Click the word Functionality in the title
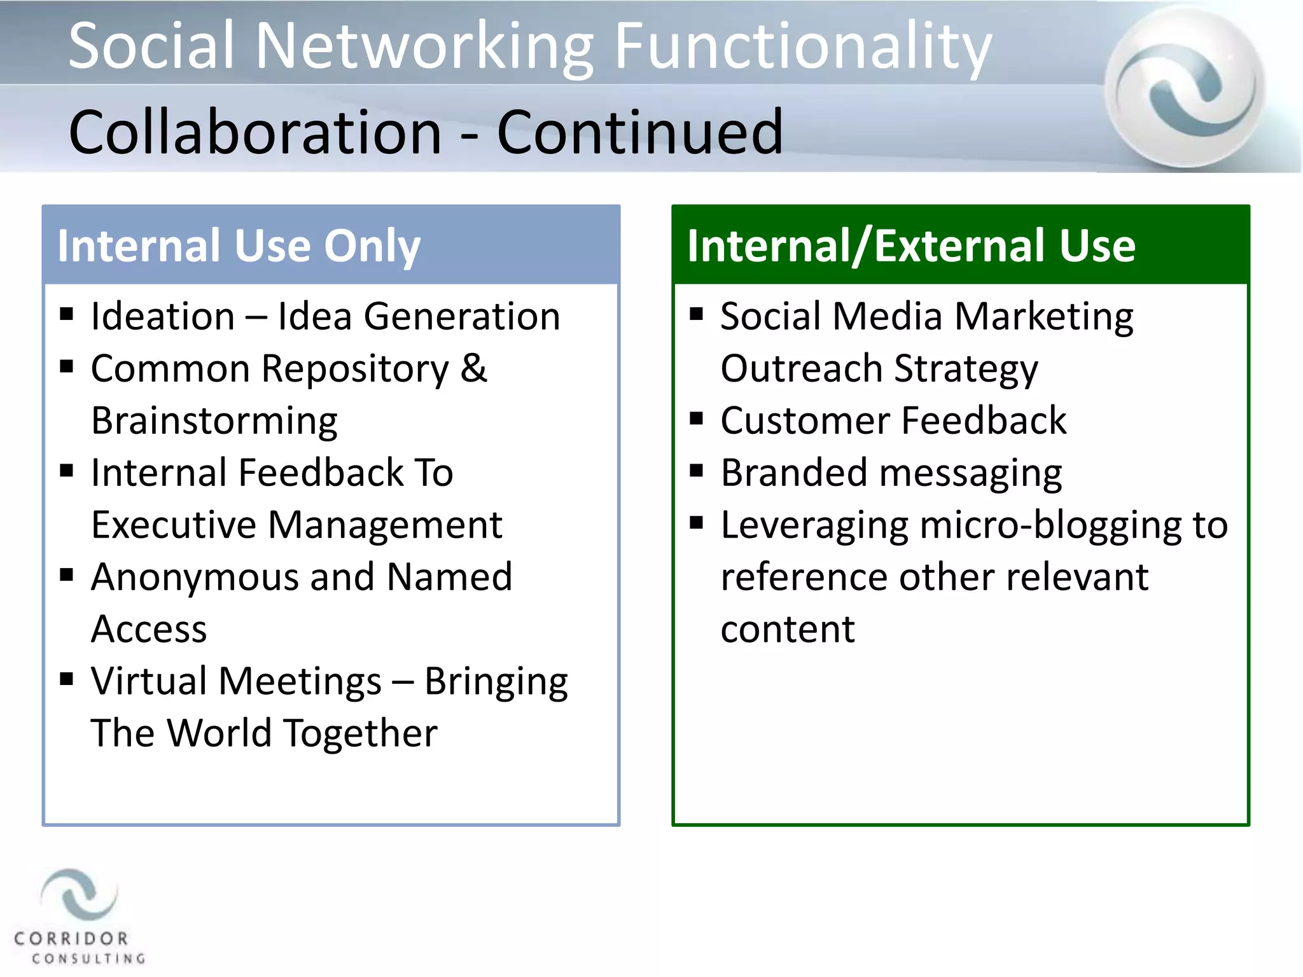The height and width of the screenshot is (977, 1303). click(x=803, y=46)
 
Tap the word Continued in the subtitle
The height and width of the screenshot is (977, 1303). click(x=639, y=132)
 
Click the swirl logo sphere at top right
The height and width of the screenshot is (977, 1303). click(x=1185, y=87)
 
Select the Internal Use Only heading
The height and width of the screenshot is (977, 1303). click(x=239, y=246)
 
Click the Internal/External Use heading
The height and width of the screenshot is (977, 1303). click(x=910, y=246)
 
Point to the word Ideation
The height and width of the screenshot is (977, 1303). click(x=163, y=316)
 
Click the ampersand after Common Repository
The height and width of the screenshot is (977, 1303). click(x=473, y=368)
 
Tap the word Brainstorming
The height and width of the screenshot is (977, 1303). click(x=214, y=420)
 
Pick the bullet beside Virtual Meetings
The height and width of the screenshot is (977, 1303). click(x=67, y=679)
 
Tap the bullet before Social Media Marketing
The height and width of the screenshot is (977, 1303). click(x=696, y=314)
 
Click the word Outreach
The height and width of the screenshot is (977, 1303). click(x=801, y=368)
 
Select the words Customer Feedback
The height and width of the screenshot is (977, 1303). click(x=893, y=420)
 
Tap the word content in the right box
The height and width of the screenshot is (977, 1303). click(x=787, y=629)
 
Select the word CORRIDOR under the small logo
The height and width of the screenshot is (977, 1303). click(x=71, y=938)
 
